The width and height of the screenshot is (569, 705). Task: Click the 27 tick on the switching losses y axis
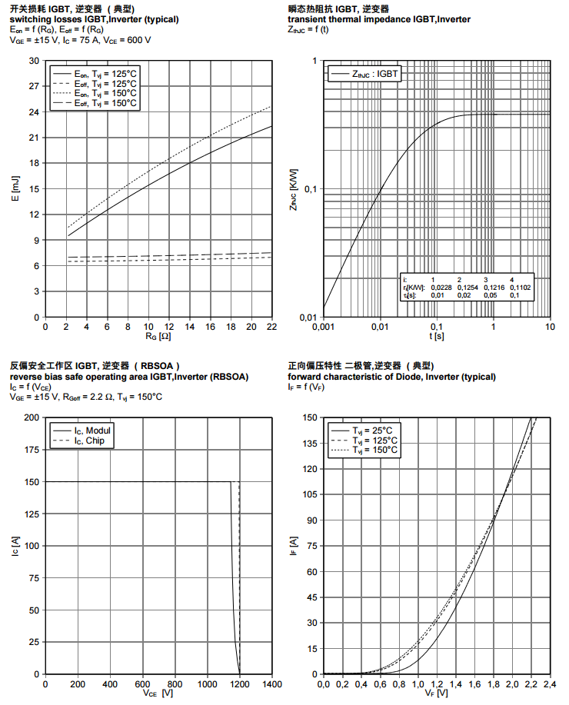coord(34,86)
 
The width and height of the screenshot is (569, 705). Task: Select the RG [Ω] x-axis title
coord(158,336)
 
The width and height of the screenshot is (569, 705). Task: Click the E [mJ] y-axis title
coord(15,188)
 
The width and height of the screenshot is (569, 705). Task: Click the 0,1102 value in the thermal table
coord(521,287)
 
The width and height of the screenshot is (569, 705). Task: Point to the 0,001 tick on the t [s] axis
coord(323,327)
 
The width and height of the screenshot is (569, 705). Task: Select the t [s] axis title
coord(436,336)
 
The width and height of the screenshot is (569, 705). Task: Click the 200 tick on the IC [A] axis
coord(32,417)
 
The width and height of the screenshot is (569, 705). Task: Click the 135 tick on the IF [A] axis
coord(310,444)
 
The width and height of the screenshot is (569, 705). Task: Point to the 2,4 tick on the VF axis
coord(550,683)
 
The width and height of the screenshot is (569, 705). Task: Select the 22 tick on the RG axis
coord(271,327)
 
